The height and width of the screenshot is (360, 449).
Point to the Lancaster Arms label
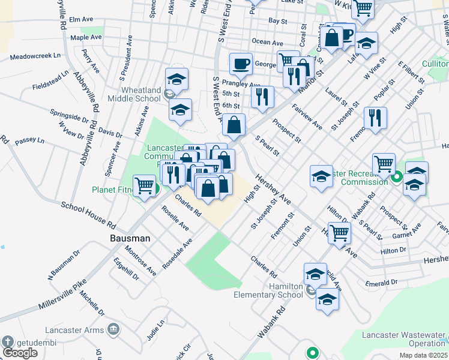[73, 330]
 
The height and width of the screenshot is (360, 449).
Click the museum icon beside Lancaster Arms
[113, 329]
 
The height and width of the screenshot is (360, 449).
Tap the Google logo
[20, 353]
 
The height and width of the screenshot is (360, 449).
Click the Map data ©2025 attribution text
[423, 355]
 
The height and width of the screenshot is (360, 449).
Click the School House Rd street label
[88, 215]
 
